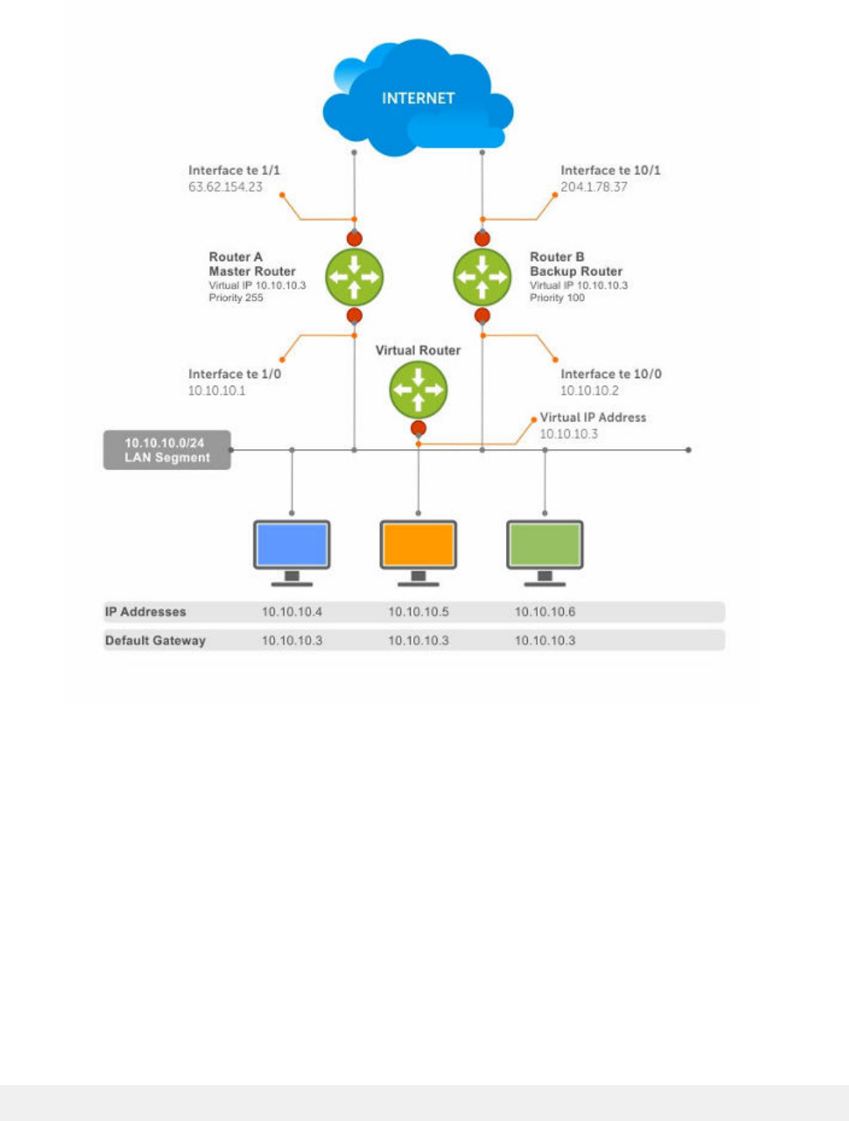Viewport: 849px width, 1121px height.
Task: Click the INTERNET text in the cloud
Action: coord(418,98)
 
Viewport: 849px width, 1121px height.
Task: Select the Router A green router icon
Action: coord(355,277)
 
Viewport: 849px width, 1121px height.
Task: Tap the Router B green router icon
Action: coord(482,277)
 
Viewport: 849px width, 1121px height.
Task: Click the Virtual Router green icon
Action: coord(418,390)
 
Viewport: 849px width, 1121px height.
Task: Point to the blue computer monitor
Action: coord(292,553)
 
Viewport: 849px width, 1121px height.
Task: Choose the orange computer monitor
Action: coord(418,553)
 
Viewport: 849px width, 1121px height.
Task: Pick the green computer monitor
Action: coord(545,553)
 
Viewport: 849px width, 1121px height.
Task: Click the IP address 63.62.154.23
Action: coord(225,187)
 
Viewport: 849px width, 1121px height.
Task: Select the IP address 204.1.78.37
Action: coord(594,187)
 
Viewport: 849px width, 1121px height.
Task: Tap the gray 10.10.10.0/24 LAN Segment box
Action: coord(167,450)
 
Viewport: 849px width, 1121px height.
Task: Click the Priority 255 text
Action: coord(236,298)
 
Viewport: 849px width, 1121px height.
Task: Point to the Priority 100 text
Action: coord(557,298)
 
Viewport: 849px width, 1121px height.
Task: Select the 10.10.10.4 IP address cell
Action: coord(292,612)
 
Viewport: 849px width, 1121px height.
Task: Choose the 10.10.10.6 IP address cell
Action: coord(545,612)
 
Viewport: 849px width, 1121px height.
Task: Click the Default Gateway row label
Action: coord(156,641)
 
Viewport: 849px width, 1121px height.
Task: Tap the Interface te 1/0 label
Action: coord(234,374)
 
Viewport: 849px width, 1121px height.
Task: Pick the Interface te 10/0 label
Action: coord(611,374)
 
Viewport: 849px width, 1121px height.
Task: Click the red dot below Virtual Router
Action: coord(418,428)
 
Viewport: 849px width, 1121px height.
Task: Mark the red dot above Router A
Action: coord(355,238)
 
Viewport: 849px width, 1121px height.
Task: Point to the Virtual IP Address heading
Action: coord(593,417)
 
